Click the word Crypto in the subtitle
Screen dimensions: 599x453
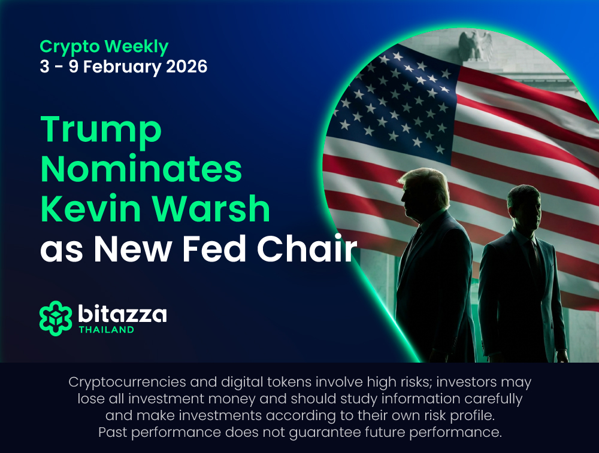pos(69,47)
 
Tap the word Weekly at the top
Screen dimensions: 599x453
pos(137,47)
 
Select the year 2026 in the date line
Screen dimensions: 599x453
pos(187,66)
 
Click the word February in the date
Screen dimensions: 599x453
pos(122,67)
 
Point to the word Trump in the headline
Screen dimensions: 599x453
pos(101,129)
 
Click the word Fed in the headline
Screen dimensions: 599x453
pos(214,249)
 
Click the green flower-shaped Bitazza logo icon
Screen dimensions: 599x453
pos(56,318)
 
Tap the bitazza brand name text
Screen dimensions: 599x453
pos(122,314)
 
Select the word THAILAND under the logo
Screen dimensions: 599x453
pos(107,330)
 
